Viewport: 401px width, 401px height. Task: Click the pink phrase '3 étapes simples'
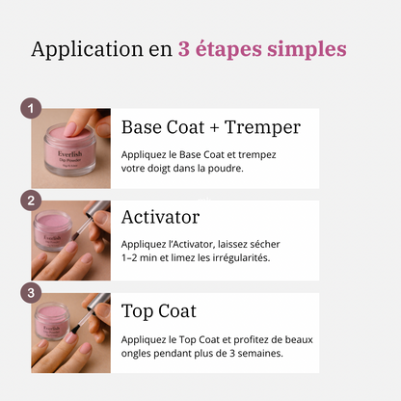(262, 50)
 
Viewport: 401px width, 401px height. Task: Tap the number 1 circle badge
(32, 108)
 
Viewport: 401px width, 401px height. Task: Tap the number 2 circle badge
(32, 200)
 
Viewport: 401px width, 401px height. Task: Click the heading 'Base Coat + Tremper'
(210, 127)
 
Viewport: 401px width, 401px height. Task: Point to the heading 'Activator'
(160, 217)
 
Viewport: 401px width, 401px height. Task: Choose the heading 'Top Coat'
(159, 310)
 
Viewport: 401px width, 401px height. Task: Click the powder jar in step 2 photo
(53, 231)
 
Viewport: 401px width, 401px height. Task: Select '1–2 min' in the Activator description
(141, 257)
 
